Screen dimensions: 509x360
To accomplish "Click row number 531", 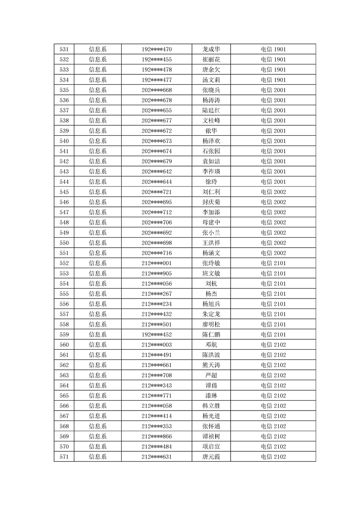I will click(x=64, y=49).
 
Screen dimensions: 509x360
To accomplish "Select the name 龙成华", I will click(x=211, y=49).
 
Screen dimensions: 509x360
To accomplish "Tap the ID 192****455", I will click(x=157, y=59).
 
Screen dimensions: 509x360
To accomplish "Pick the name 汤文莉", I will click(x=211, y=80).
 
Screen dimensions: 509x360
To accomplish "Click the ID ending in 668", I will click(x=157, y=90).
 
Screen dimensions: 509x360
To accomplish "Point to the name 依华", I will click(x=211, y=131).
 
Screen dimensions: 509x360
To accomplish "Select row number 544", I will click(x=64, y=181).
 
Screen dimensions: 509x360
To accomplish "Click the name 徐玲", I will click(x=211, y=181).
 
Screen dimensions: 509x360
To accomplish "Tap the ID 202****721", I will click(x=157, y=192).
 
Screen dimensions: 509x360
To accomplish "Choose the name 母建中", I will click(x=211, y=222).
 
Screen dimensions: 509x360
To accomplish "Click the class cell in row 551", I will click(x=273, y=253).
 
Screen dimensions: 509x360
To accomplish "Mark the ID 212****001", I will click(x=157, y=263).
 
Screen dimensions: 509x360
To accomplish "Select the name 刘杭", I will click(x=211, y=284).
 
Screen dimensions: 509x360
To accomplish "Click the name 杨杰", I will click(x=211, y=294).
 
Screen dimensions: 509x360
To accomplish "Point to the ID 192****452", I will click(x=157, y=334).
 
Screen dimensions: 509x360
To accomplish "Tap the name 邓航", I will click(x=211, y=344).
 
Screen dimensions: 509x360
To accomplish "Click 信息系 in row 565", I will click(x=98, y=396).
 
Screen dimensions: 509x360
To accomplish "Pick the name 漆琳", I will click(x=211, y=396).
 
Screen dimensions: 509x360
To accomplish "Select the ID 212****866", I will click(x=157, y=436).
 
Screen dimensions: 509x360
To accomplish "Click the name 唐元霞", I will click(x=211, y=456).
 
